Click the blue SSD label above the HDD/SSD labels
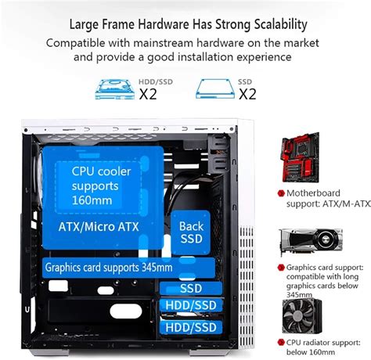click(190, 288)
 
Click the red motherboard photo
click(308, 160)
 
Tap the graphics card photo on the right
click(308, 243)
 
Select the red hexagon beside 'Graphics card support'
click(279, 267)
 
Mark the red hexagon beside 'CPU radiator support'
click(279, 343)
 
